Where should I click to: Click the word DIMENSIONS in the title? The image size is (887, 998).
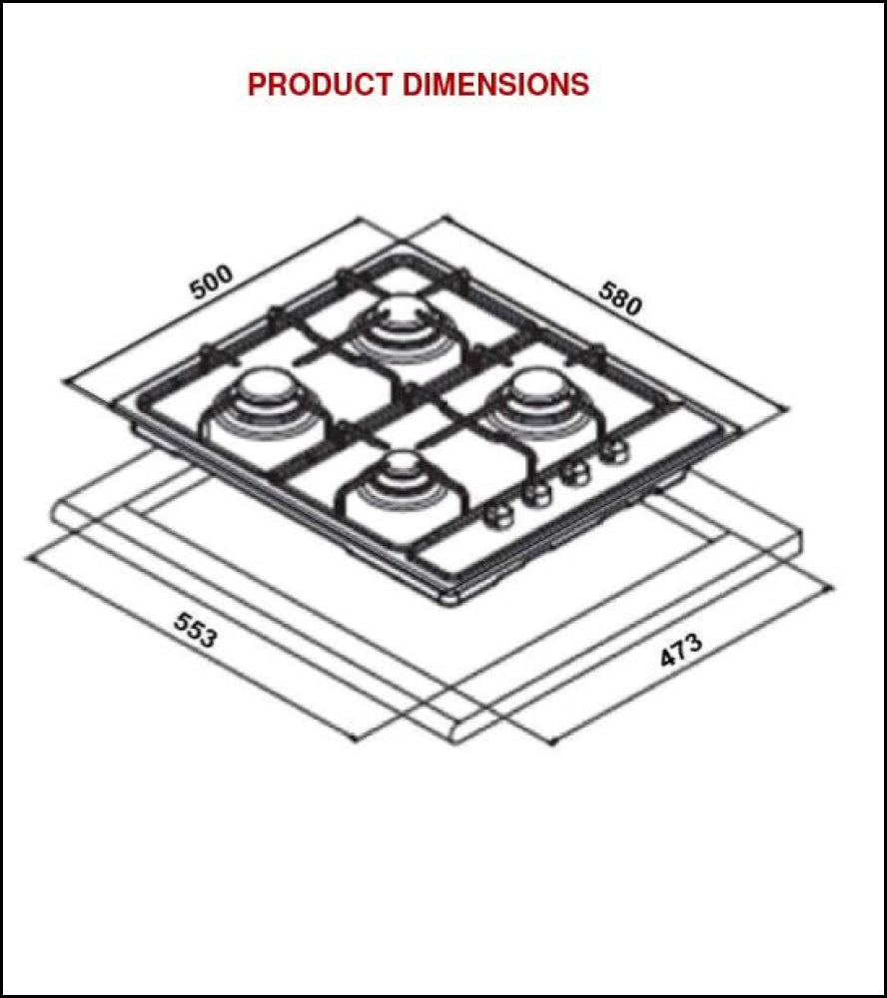(x=495, y=85)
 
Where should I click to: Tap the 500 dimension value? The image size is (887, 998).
(x=211, y=281)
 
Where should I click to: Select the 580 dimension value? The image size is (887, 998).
(x=620, y=296)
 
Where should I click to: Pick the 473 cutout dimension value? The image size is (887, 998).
(x=681, y=651)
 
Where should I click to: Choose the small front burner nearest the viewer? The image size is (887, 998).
(x=403, y=463)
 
